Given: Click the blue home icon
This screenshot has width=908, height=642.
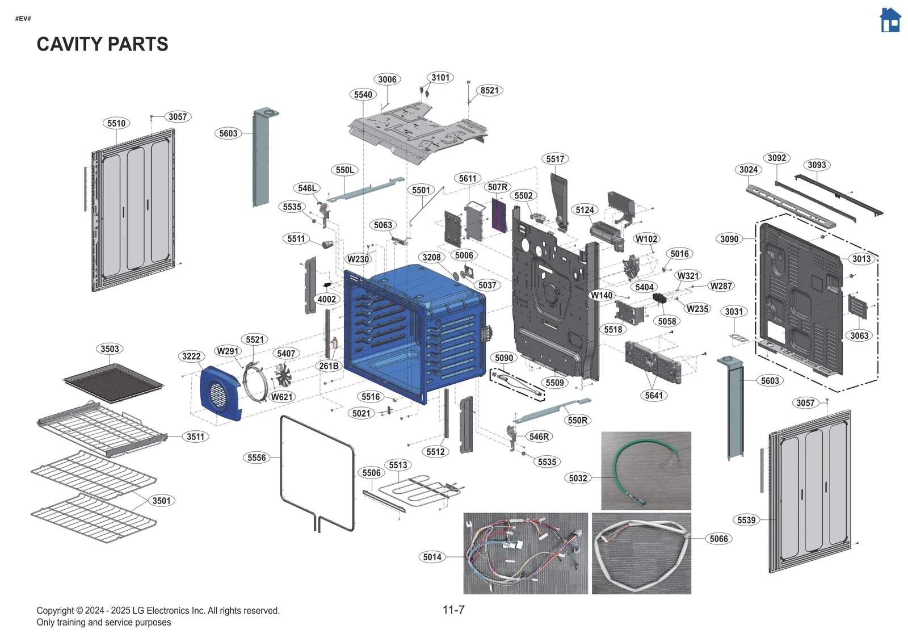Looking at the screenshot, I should tap(890, 20).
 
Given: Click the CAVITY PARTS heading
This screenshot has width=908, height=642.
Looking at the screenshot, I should tap(102, 44).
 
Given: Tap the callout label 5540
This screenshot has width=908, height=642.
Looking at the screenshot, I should tap(363, 95).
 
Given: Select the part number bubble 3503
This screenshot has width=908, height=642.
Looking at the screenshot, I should tap(110, 349).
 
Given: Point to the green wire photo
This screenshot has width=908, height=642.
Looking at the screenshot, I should tap(646, 470).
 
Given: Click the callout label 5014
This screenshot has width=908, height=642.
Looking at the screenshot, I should tap(432, 557).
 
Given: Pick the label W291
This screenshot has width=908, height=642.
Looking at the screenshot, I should tap(228, 351).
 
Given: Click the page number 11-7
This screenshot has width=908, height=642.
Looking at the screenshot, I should tap(453, 610).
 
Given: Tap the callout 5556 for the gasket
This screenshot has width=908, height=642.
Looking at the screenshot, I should tap(257, 458).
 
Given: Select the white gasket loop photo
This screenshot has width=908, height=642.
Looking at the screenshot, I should tap(641, 553).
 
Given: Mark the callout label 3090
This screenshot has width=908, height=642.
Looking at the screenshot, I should tap(729, 239).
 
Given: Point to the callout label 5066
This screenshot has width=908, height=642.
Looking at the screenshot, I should tap(718, 539).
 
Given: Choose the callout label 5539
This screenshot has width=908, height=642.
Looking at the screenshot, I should tap(746, 520).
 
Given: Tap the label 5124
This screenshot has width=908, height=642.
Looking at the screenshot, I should tap(585, 210).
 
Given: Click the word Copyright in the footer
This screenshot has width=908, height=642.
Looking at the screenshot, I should tap(56, 611).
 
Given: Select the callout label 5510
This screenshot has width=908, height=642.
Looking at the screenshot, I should tap(116, 124).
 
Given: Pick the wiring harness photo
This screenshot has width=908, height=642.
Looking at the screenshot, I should tap(526, 553).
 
